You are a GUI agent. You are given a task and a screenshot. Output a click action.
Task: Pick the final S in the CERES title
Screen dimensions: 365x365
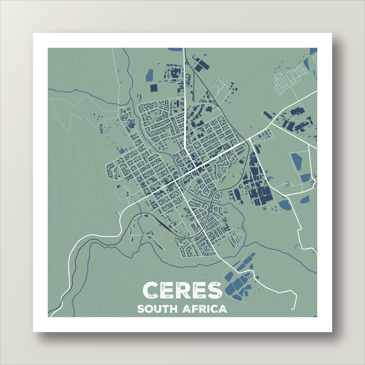pyautogui.click(x=215, y=291)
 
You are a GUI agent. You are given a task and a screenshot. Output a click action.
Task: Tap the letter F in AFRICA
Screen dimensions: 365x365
pyautogui.click(x=195, y=309)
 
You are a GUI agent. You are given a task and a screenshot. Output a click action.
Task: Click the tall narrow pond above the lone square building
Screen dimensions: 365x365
pyautogui.click(x=150, y=75)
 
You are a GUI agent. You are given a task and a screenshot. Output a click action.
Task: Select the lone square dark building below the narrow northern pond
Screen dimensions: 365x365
pyautogui.click(x=154, y=88)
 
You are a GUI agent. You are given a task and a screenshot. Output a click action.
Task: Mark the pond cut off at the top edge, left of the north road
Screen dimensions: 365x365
pyautogui.click(x=175, y=49)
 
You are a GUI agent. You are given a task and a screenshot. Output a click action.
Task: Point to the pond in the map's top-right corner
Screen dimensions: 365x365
pyautogui.click(x=313, y=51)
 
